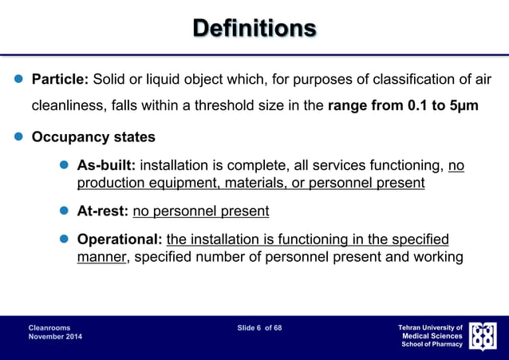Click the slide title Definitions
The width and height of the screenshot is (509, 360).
click(x=254, y=29)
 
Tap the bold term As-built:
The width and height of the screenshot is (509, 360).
click(x=106, y=167)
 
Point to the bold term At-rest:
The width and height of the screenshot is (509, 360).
click(x=102, y=212)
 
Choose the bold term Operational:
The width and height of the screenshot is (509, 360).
click(x=120, y=240)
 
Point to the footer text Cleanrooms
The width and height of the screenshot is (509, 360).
click(x=49, y=328)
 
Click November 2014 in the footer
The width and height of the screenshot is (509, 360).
click(x=55, y=338)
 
